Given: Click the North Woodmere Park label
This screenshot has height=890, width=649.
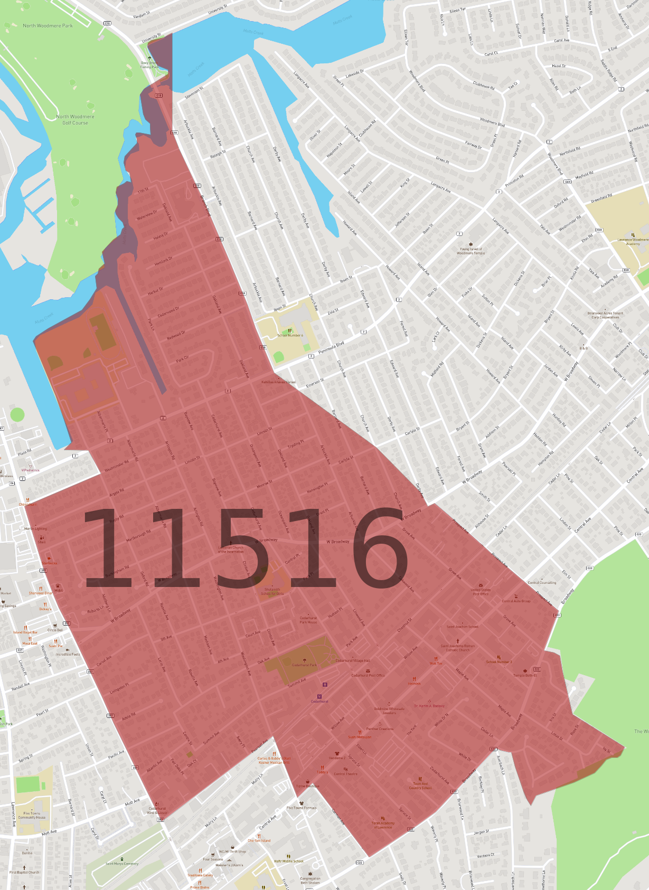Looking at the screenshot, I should pyautogui.click(x=48, y=25).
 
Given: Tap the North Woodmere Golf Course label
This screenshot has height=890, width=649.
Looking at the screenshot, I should pyautogui.click(x=75, y=120).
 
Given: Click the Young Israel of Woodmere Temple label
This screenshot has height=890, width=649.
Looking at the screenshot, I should pyautogui.click(x=471, y=251).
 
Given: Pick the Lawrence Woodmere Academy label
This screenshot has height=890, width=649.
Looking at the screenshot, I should pyautogui.click(x=633, y=242).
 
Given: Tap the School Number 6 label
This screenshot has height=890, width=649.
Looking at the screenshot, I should pyautogui.click(x=290, y=335).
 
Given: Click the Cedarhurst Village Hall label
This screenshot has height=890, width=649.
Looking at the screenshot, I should pyautogui.click(x=353, y=660).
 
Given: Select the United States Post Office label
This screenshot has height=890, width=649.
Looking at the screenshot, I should pyautogui.click(x=481, y=592).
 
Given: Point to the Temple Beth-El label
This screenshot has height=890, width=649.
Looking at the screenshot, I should pyautogui.click(x=525, y=675).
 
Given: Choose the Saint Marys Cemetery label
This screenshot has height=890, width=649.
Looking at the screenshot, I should pyautogui.click(x=122, y=864).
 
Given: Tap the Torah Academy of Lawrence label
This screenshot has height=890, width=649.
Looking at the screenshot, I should pyautogui.click(x=383, y=825).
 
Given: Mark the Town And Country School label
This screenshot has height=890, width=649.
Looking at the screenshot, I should pyautogui.click(x=420, y=785).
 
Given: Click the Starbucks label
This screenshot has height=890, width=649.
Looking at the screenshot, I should pyautogui.click(x=50, y=563).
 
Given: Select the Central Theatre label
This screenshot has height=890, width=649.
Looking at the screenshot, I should pyautogui.click(x=345, y=774).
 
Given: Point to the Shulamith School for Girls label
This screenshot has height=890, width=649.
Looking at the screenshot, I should pyautogui.click(x=272, y=591).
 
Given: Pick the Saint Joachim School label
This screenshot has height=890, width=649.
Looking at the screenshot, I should pyautogui.click(x=462, y=627).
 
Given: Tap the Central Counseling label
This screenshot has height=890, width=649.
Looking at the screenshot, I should pyautogui.click(x=542, y=583).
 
